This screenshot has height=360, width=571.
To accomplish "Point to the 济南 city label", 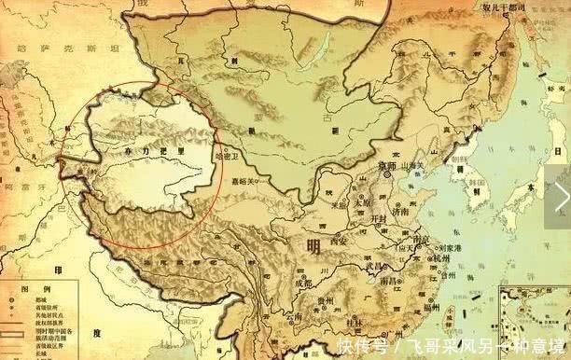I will (403, 212).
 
